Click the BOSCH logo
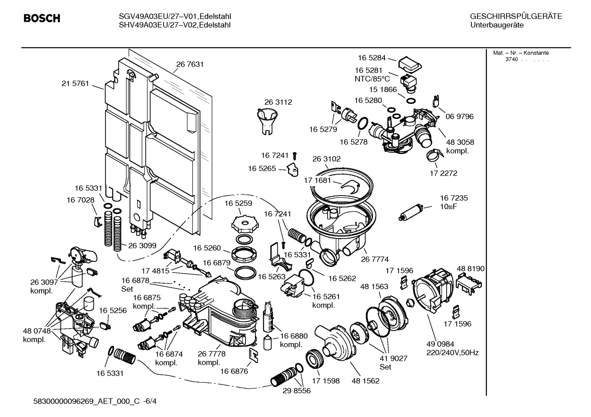click(x=42, y=18)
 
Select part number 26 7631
click(x=190, y=64)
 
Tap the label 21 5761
click(x=75, y=83)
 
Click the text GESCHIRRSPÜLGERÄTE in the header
click(x=516, y=16)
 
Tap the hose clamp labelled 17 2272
click(x=434, y=155)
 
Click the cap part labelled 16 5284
click(x=410, y=63)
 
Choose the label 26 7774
click(x=375, y=259)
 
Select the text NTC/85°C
click(x=372, y=79)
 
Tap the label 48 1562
click(x=365, y=381)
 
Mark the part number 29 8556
click(x=296, y=391)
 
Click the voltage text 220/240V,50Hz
click(x=453, y=353)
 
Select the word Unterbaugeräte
click(x=497, y=25)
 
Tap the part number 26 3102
click(x=326, y=159)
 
